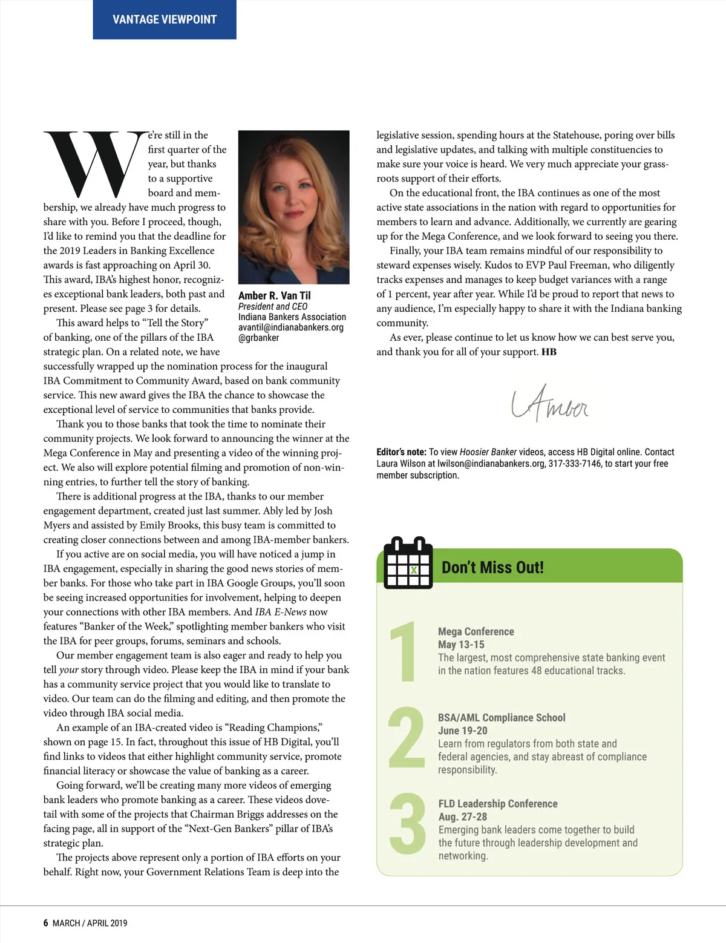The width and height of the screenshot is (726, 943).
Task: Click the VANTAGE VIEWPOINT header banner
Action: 164,19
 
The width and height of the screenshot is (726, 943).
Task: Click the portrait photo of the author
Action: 293,207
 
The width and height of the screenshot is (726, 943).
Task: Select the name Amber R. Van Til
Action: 274,295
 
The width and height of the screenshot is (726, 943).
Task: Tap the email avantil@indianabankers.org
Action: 290,327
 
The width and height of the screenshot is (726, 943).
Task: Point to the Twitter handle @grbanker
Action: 258,338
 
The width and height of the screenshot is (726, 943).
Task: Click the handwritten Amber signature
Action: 549,404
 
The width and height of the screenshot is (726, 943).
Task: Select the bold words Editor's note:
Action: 401,452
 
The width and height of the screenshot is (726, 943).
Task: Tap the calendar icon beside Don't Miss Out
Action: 408,563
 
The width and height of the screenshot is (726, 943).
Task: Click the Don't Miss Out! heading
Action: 492,567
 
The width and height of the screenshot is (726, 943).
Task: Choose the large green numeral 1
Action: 404,652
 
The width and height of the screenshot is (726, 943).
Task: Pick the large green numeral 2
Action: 406,738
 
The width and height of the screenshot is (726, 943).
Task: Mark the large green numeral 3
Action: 407,824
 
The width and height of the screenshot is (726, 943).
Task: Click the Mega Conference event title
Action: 476,631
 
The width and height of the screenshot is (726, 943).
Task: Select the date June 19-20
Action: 462,731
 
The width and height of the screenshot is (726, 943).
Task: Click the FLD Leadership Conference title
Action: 497,804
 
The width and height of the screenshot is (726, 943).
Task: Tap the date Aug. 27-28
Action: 462,816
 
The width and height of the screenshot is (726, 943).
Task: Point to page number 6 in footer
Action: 46,923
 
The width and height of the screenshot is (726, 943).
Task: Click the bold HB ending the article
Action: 549,352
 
